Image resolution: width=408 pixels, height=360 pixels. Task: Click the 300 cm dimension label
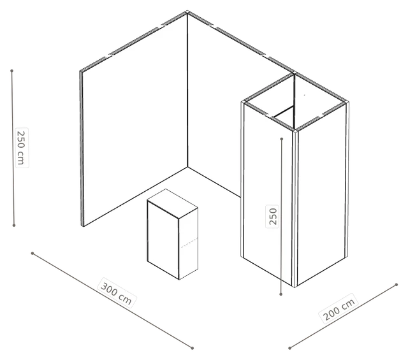coord(116,293)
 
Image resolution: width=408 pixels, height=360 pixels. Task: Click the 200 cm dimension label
coord(339,309)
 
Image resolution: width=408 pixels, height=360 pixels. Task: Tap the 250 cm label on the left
coord(21,147)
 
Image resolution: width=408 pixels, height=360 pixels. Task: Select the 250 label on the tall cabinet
coord(272,217)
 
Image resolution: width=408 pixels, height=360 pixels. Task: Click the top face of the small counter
coord(172,203)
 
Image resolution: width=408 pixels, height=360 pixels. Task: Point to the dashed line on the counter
coord(189,242)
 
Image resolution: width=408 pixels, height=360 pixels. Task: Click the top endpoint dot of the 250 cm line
coord(11,71)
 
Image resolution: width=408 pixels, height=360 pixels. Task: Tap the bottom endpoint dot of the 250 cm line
coord(14,226)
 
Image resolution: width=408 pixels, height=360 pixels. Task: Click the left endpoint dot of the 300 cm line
coord(33,253)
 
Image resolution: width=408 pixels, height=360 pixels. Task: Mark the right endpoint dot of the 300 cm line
coord(193,348)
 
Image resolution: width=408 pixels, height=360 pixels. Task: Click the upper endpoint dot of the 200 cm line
coord(397,285)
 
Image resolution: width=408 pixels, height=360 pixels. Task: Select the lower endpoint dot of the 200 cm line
coord(289,348)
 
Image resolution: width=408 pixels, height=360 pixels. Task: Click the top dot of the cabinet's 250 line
coord(282,139)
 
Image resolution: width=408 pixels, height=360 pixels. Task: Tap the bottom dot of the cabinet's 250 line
coord(280,294)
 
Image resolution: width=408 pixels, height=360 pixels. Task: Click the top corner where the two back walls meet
coord(187,12)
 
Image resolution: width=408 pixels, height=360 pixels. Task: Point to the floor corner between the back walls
coord(187,167)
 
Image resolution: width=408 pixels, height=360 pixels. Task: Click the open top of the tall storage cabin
coord(295,101)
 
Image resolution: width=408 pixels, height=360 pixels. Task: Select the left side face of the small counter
coord(163,240)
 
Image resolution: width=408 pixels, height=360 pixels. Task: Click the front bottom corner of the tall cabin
coord(295,287)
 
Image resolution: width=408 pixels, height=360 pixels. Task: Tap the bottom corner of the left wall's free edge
coord(83,226)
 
